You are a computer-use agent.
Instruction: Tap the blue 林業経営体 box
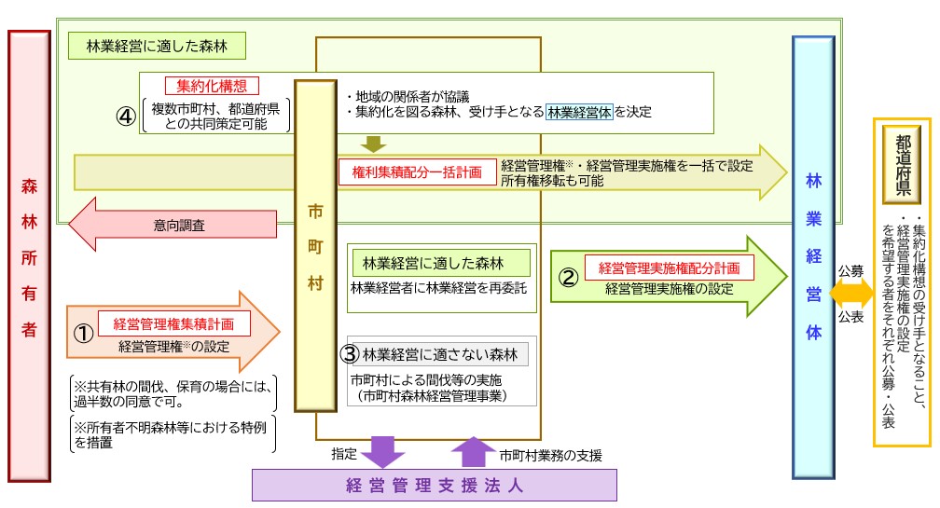click(x=812, y=256)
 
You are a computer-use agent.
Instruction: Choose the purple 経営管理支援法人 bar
click(x=435, y=485)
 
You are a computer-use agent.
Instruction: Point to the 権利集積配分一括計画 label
click(x=417, y=172)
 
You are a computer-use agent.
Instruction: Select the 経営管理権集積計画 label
click(x=173, y=325)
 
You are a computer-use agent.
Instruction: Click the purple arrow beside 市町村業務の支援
click(x=474, y=452)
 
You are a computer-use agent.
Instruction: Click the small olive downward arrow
click(x=374, y=143)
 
